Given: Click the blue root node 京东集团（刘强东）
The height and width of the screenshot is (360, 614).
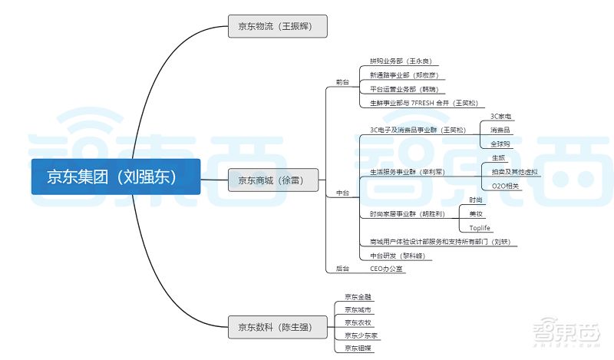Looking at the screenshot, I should [116, 177].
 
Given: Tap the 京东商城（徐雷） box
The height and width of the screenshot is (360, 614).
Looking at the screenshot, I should [274, 181].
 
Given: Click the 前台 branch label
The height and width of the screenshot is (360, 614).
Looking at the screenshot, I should [342, 82].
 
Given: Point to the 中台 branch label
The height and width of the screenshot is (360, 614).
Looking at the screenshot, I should [342, 193].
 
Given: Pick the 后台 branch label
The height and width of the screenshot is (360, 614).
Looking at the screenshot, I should [342, 269].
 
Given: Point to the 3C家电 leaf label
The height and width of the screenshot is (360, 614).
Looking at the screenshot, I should [500, 116].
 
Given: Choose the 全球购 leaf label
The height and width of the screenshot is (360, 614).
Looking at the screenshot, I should [500, 144].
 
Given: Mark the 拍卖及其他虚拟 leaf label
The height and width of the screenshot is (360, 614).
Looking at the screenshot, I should [512, 171].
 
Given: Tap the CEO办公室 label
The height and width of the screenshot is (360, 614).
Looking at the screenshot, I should [386, 269].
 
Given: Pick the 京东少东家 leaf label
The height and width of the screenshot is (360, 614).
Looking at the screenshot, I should [360, 335].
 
